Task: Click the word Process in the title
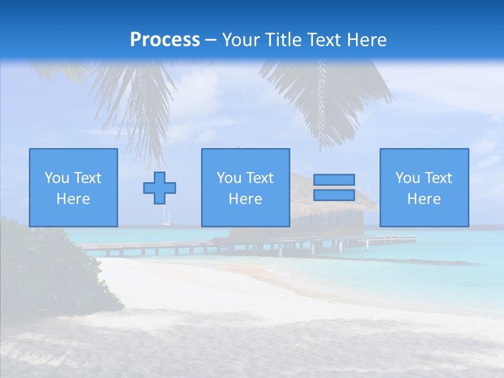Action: (165, 39)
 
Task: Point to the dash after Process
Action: (211, 40)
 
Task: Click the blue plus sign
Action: (160, 187)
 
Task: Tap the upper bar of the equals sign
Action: (334, 180)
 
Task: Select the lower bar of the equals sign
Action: (334, 195)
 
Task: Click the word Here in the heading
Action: (366, 39)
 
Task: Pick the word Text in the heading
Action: (324, 39)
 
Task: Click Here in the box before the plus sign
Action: (73, 199)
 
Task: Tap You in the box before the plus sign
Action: (57, 178)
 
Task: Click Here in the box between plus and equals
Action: (245, 199)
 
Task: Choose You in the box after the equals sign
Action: (407, 178)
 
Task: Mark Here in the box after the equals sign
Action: (424, 199)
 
